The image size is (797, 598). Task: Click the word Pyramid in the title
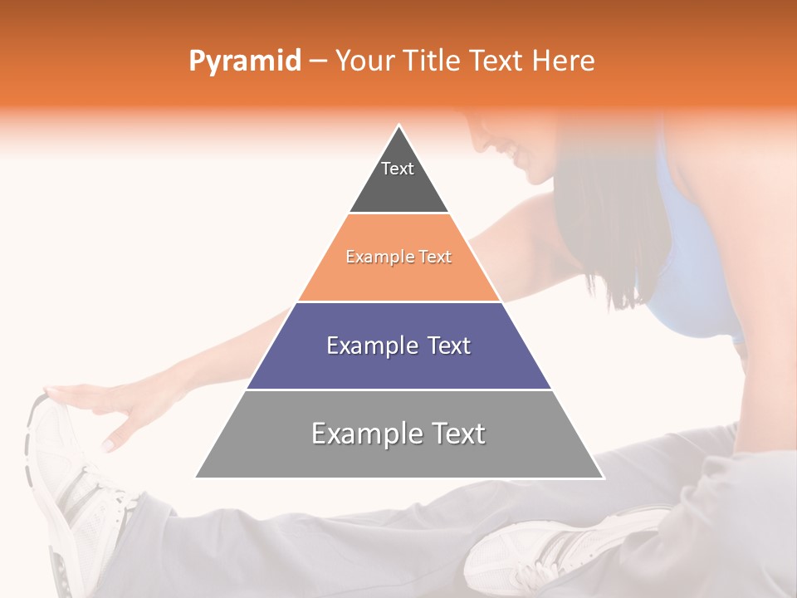(245, 61)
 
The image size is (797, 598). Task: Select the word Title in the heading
(436, 61)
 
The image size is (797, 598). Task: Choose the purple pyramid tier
(398, 365)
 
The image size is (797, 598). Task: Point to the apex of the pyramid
(399, 126)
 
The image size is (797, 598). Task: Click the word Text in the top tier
(398, 169)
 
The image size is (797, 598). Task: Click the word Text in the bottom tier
(453, 434)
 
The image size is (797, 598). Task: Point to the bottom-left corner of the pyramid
(195, 478)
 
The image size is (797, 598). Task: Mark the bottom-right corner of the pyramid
(604, 478)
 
